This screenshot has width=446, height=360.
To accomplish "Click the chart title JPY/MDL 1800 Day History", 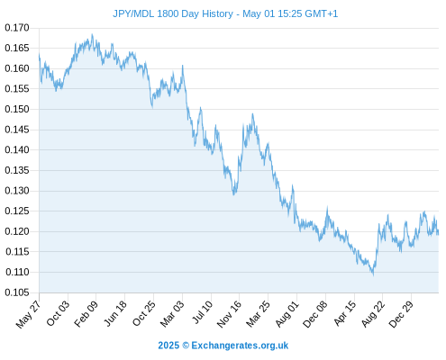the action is click(x=173, y=14).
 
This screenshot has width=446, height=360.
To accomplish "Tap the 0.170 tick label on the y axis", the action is click(x=17, y=28).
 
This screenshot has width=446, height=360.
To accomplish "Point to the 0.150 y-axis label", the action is click(x=17, y=109).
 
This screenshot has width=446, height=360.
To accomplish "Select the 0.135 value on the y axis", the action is click(x=17, y=170).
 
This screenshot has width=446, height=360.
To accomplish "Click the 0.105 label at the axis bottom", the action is click(x=17, y=292).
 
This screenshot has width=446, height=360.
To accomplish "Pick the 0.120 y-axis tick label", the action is click(x=17, y=231).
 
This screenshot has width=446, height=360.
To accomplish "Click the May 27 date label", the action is click(x=28, y=314).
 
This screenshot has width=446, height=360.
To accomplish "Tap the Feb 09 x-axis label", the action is click(x=86, y=314).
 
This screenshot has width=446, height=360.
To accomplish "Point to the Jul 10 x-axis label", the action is click(x=202, y=312).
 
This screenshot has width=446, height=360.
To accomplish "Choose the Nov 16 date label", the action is click(x=229, y=314).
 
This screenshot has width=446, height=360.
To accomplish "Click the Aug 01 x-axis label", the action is click(x=287, y=314).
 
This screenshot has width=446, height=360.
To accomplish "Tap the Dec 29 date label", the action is click(x=401, y=314).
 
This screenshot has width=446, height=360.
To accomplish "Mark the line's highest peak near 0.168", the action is click(x=92, y=34).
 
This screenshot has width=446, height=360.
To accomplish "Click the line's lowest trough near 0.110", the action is click(x=373, y=274).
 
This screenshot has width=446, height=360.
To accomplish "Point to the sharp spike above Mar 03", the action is click(x=182, y=66).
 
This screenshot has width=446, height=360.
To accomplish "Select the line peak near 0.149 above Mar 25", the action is click(x=252, y=114).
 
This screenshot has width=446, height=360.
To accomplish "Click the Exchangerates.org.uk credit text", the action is click(x=240, y=346).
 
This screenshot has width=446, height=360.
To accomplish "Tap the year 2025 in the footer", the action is click(x=168, y=346).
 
